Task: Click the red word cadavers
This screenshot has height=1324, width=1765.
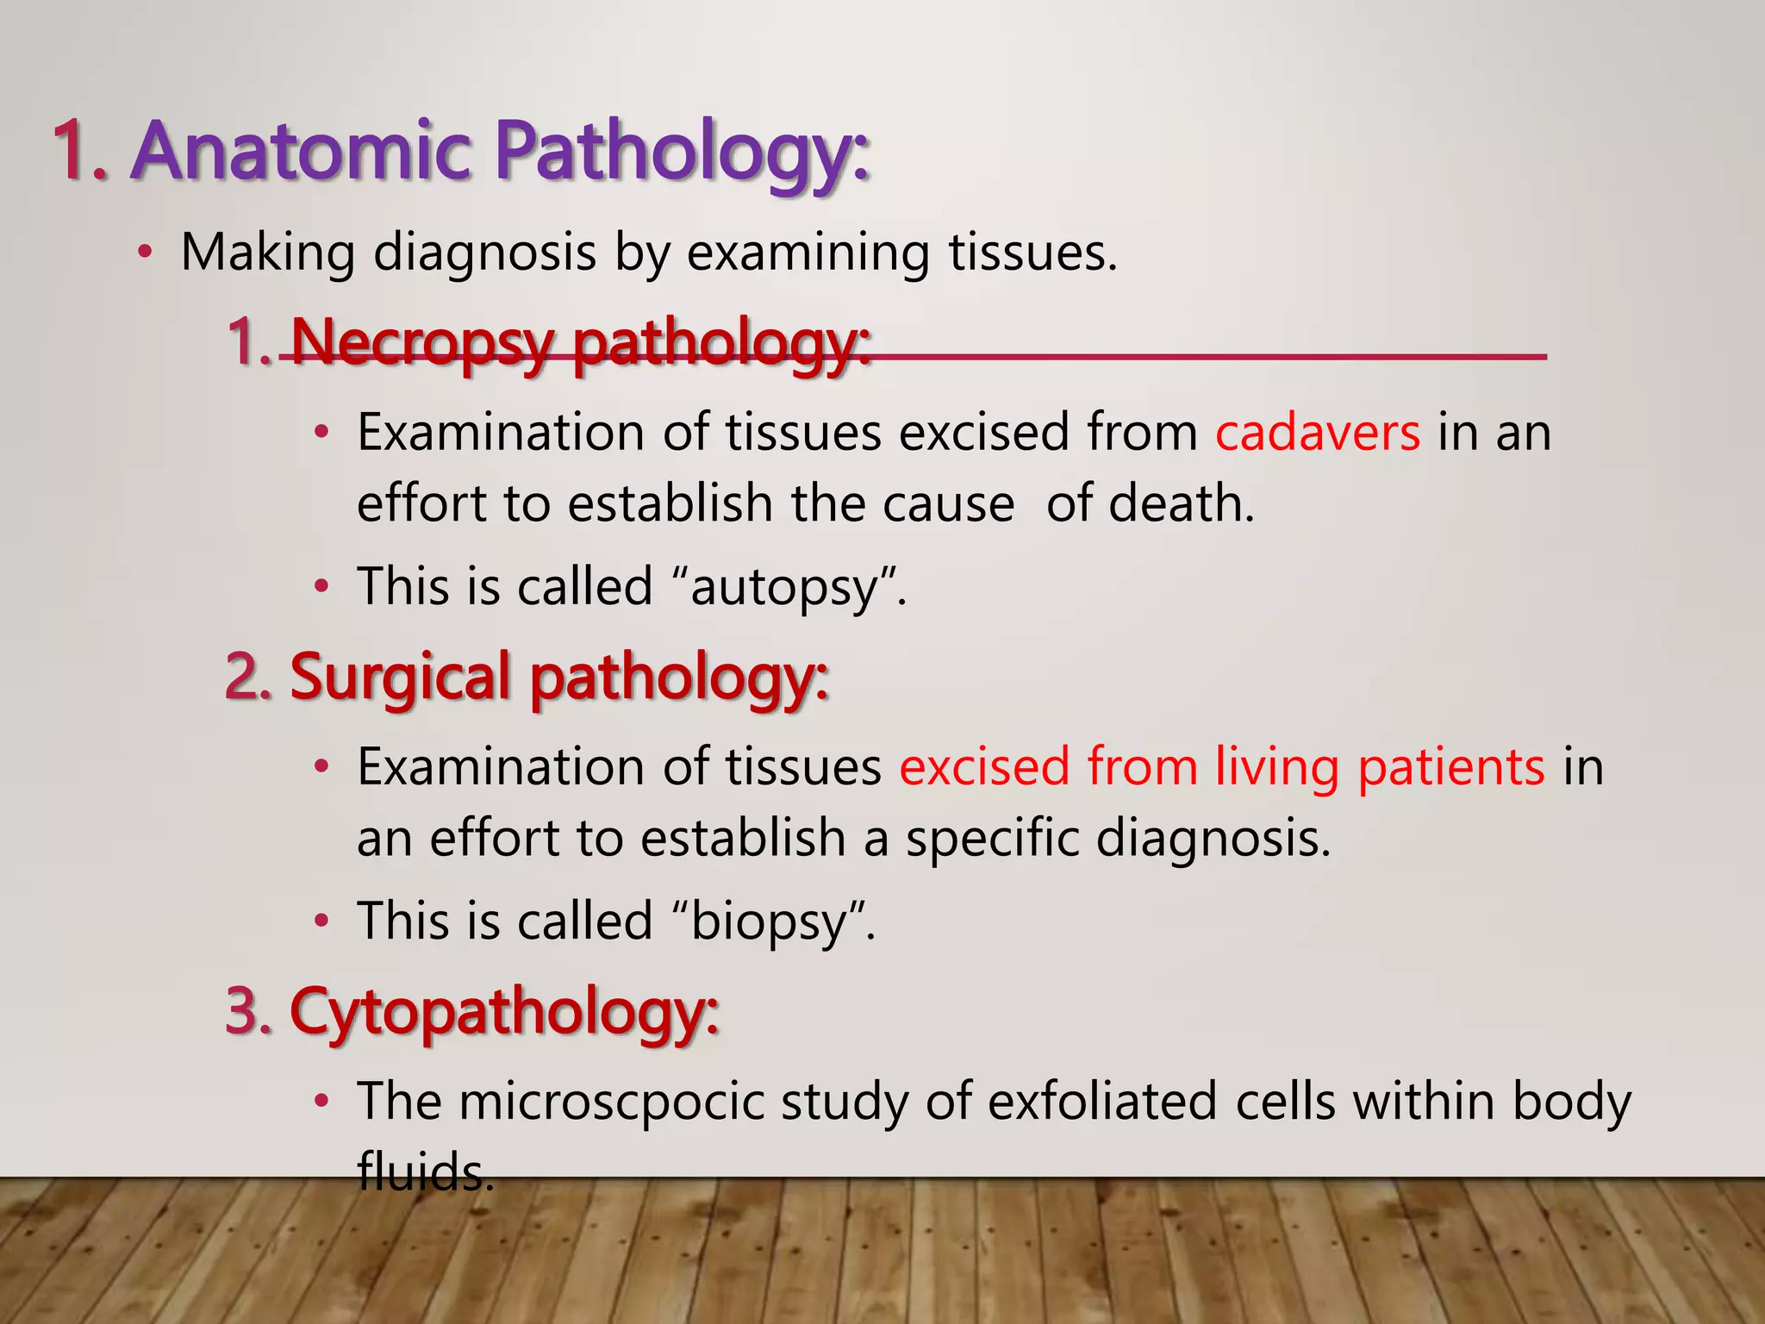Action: (1317, 432)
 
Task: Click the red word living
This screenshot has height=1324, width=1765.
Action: (1276, 767)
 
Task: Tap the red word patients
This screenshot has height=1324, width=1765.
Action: (1451, 767)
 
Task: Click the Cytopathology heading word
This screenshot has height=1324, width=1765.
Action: (503, 1011)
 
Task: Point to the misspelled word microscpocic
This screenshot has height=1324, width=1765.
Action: (610, 1102)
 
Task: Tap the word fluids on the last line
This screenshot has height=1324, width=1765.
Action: (425, 1172)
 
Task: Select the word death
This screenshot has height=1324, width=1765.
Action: (1181, 503)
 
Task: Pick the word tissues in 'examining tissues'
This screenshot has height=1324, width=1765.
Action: (1032, 253)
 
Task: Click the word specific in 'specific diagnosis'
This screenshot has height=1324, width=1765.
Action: (992, 838)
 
